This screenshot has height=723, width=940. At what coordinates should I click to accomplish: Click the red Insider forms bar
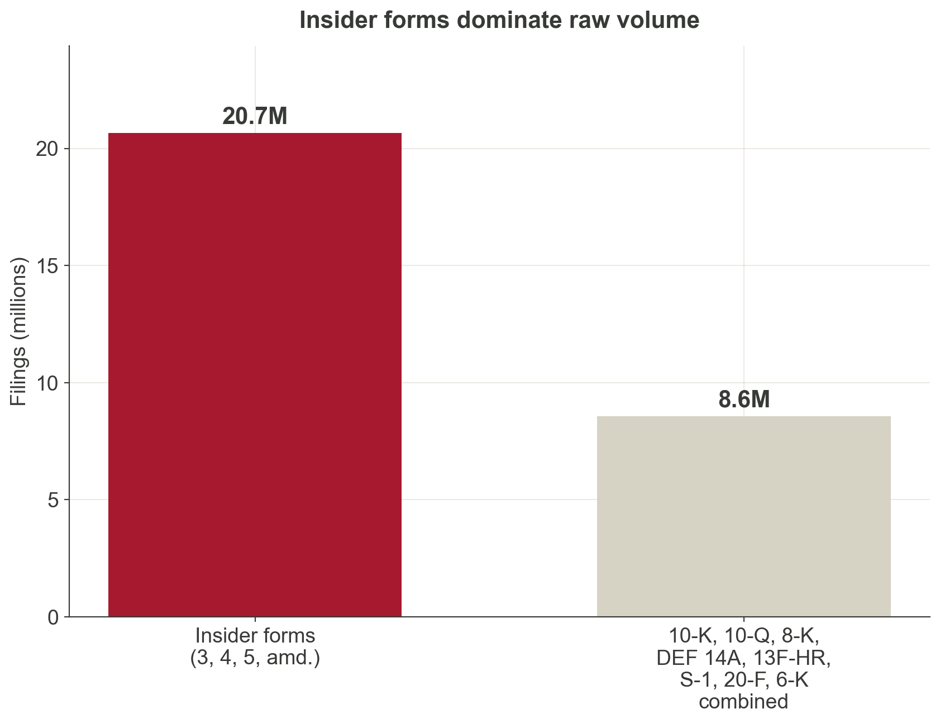pyautogui.click(x=255, y=374)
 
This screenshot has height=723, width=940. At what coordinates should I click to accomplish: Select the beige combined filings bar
pyautogui.click(x=743, y=516)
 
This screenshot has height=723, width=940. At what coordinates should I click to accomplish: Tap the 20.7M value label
pyautogui.click(x=255, y=117)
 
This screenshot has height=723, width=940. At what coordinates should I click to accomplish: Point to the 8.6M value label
pyautogui.click(x=743, y=400)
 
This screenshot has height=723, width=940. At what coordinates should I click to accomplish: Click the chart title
pyautogui.click(x=499, y=21)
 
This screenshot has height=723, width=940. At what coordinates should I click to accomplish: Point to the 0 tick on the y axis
pyautogui.click(x=54, y=617)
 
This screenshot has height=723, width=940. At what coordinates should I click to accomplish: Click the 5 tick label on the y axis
pyautogui.click(x=54, y=500)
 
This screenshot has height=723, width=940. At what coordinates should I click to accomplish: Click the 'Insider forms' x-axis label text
pyautogui.click(x=255, y=636)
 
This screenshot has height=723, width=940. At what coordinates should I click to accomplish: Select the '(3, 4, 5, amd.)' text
pyautogui.click(x=255, y=658)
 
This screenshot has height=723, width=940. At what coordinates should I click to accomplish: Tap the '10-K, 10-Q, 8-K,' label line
pyautogui.click(x=743, y=636)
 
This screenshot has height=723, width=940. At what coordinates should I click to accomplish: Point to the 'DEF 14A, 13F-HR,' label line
pyautogui.click(x=743, y=658)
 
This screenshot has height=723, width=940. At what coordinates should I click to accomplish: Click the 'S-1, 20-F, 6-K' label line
pyautogui.click(x=743, y=681)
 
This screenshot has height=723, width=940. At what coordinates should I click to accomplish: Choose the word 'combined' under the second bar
pyautogui.click(x=743, y=702)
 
